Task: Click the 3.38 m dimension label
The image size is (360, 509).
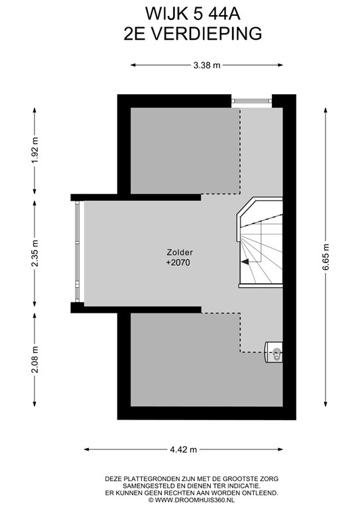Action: (x=207, y=65)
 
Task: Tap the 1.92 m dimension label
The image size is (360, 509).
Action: (x=34, y=150)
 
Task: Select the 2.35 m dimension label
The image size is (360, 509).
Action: (x=34, y=253)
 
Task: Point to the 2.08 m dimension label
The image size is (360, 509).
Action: (x=34, y=359)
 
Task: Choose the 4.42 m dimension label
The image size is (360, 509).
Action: (x=184, y=449)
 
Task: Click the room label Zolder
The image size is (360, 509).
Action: (x=180, y=252)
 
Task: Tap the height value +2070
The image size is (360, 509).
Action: (x=178, y=262)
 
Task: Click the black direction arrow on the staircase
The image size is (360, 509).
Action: (x=245, y=262)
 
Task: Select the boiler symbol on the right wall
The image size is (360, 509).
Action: (x=274, y=352)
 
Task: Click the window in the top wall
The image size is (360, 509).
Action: (x=251, y=101)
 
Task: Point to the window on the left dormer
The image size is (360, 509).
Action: (x=78, y=252)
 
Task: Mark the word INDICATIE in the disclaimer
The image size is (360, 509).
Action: (x=245, y=486)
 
